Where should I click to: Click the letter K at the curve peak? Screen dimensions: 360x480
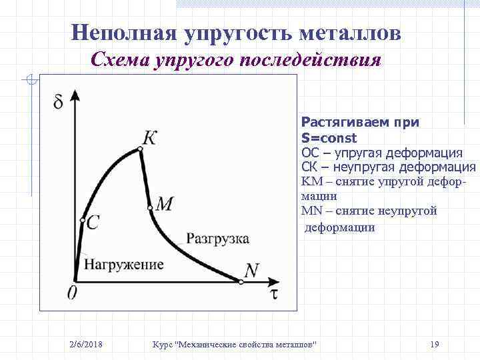click(150, 137)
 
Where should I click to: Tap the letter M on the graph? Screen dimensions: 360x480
click(165, 204)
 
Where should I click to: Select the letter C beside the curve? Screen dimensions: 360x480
click(93, 223)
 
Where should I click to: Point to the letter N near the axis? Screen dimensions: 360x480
click(251, 270)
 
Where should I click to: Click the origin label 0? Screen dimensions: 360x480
click(72, 293)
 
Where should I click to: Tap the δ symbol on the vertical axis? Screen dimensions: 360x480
click(59, 102)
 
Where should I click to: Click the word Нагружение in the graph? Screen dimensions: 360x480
click(123, 265)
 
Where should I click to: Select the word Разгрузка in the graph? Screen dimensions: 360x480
click(218, 239)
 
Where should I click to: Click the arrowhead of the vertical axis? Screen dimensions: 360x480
click(75, 94)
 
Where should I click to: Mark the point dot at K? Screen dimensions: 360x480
click(140, 150)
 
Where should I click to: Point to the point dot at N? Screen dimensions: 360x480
click(241, 282)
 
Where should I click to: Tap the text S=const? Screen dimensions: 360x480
click(329, 138)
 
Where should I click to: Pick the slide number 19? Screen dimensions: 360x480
click(435, 344)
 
